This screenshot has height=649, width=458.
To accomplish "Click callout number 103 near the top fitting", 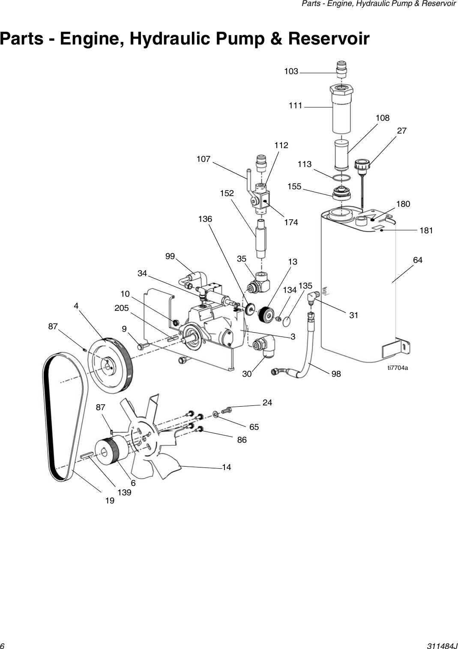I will pos(291,71).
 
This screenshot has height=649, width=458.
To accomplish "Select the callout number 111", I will pos(295,105).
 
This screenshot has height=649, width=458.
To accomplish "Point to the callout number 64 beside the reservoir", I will pos(417,260).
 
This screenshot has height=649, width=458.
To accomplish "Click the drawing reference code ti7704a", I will pos(398,368).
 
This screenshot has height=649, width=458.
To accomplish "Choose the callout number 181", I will pos(426,231).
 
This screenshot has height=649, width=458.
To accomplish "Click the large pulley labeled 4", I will pos(111,364).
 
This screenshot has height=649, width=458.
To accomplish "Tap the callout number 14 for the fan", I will pos(226,467).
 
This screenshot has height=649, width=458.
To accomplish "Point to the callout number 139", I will pos(124,493).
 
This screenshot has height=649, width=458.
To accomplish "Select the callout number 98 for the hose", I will pos(336,374).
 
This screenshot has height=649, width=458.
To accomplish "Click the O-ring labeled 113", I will pos(341,178).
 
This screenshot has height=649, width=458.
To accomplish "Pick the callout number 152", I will pos(227,194).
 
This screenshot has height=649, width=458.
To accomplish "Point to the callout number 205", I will pos(122,308).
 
